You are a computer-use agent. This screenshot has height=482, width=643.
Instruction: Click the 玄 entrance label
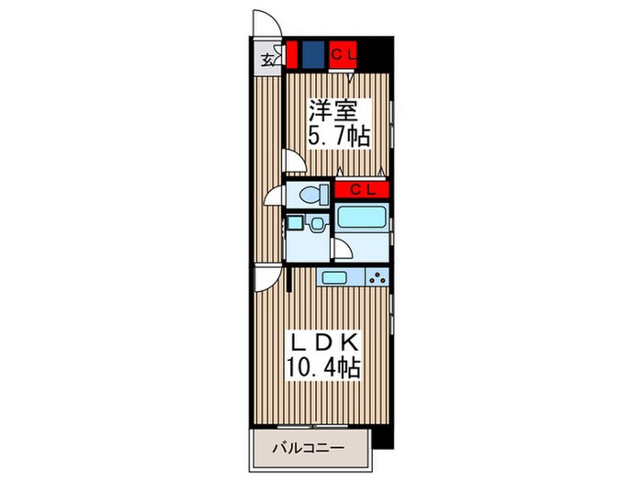click(x=266, y=61)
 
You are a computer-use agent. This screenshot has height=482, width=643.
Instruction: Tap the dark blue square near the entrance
click(x=313, y=54)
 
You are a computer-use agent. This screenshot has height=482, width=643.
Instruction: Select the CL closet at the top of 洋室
click(x=344, y=54)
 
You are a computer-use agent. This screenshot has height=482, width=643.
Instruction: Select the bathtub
click(x=362, y=220)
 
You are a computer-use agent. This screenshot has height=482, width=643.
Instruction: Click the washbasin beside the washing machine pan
click(x=316, y=223)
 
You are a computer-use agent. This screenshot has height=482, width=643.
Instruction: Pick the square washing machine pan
click(x=295, y=223)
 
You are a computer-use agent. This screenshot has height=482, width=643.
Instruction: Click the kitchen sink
click(x=333, y=277)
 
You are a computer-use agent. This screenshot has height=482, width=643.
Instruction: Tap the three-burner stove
click(x=377, y=277)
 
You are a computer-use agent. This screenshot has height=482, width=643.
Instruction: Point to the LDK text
click(x=322, y=342)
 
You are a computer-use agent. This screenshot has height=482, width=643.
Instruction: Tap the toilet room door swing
click(x=275, y=196)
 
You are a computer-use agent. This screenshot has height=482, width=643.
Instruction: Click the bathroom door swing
click(x=340, y=249)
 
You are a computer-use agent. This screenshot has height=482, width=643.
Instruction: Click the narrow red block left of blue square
click(x=291, y=54)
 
